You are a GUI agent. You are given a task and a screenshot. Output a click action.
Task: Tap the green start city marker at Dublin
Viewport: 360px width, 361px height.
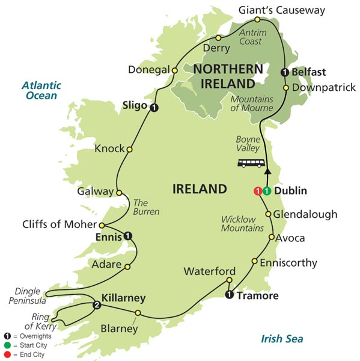266,191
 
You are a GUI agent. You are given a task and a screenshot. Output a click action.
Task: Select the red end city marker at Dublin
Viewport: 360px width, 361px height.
258,191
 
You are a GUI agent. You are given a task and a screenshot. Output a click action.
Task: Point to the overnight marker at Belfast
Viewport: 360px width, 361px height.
285,73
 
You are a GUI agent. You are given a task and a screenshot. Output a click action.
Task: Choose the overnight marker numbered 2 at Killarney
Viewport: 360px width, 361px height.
96,306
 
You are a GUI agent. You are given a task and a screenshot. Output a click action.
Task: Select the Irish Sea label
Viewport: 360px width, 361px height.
282,339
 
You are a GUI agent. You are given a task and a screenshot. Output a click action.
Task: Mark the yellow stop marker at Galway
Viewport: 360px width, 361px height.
119,193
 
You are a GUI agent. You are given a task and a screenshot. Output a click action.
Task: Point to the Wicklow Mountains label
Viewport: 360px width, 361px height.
242,223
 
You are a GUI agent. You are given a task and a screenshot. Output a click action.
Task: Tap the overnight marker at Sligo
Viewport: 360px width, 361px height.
154,108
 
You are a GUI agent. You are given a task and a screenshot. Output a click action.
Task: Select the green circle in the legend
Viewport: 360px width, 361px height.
7,345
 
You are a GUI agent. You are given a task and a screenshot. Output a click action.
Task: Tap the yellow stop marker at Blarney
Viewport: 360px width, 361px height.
138,313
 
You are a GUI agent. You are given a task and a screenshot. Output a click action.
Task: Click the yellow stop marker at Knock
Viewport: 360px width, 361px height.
129,149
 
